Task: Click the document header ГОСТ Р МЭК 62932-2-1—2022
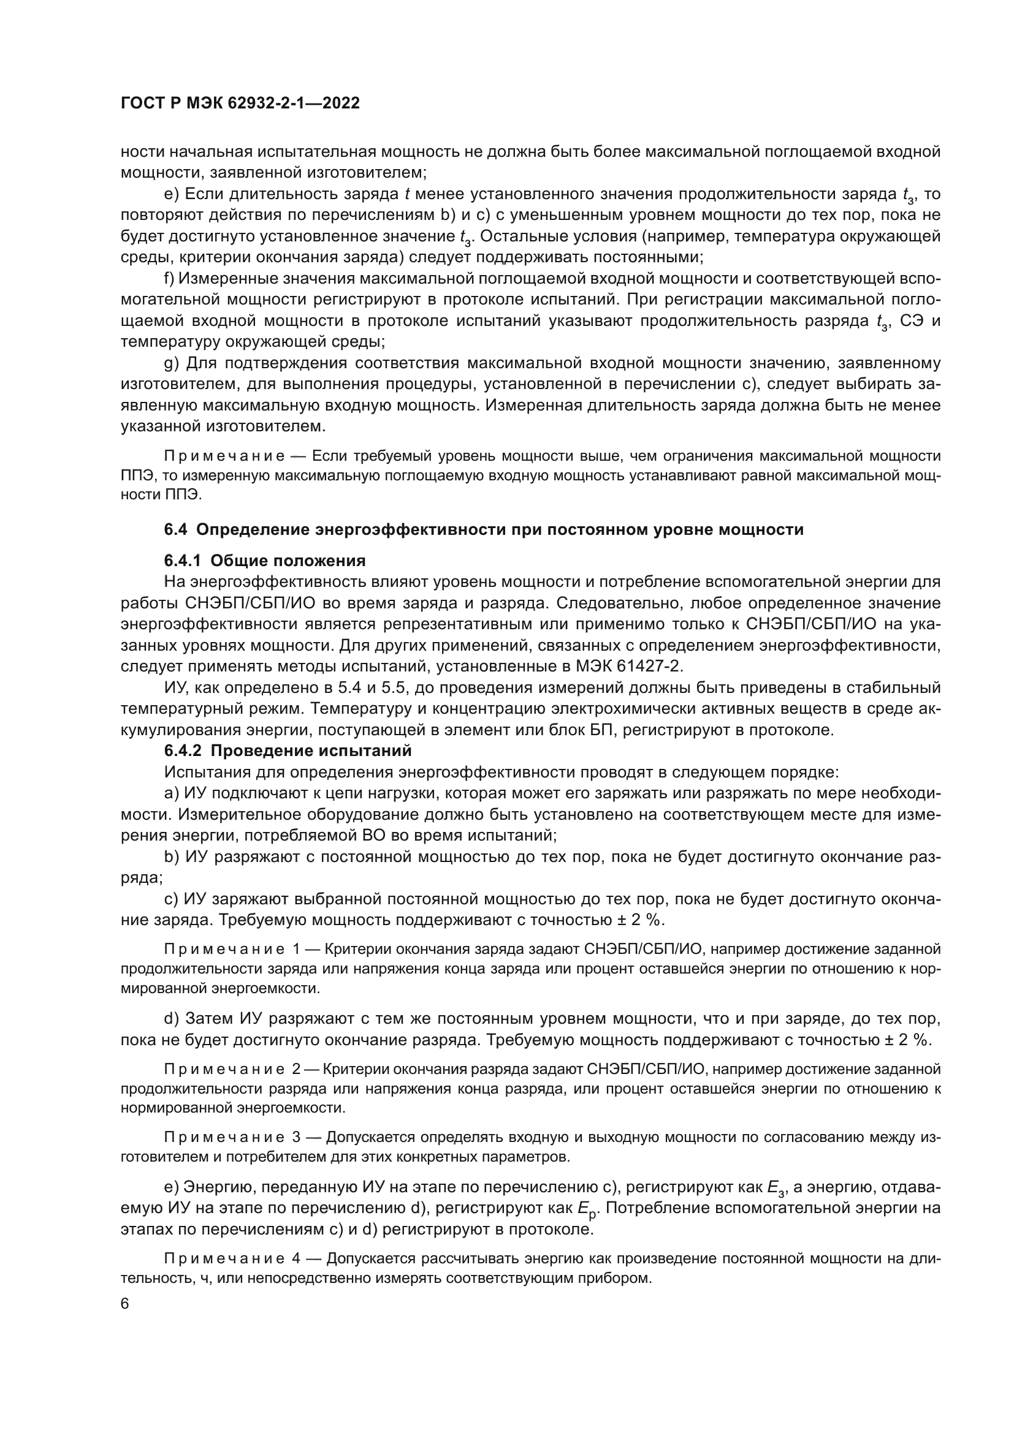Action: [x=240, y=104]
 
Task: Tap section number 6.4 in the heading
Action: [x=175, y=530]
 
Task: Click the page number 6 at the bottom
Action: [x=125, y=1304]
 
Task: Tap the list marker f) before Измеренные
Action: [x=169, y=278]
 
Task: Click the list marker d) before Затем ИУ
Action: [x=171, y=1019]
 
